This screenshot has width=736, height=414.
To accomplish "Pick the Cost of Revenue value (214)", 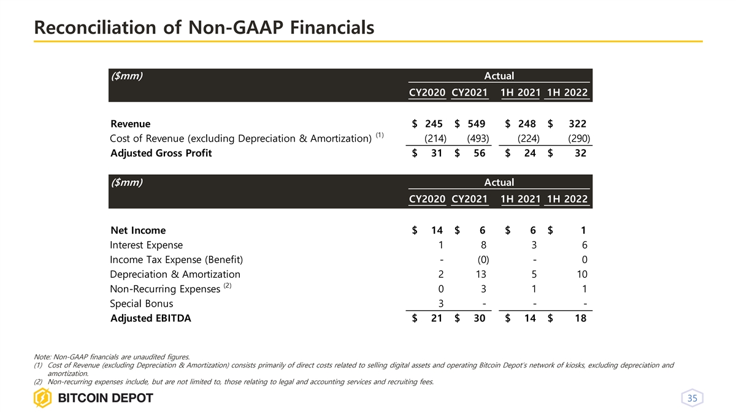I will tap(435, 139).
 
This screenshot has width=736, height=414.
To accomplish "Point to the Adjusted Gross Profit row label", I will tap(161, 153).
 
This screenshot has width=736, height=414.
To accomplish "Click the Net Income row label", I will tap(138, 231).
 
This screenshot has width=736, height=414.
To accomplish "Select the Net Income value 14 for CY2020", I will tap(436, 231).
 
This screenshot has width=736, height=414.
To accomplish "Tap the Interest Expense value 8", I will tap(483, 245).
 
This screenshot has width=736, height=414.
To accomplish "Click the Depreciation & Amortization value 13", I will tap(480, 275).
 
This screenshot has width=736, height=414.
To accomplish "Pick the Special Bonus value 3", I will tap(440, 304).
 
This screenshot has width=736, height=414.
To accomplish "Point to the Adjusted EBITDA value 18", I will tap(580, 318).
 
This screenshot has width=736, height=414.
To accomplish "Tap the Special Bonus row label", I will tap(141, 304).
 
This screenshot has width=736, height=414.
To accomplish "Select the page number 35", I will tap(692, 399).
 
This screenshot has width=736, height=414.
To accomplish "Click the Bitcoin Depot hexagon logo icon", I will tap(44, 398).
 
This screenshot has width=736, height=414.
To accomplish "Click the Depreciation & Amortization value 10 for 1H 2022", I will tap(581, 275).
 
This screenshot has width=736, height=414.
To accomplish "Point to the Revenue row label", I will tap(130, 124).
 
